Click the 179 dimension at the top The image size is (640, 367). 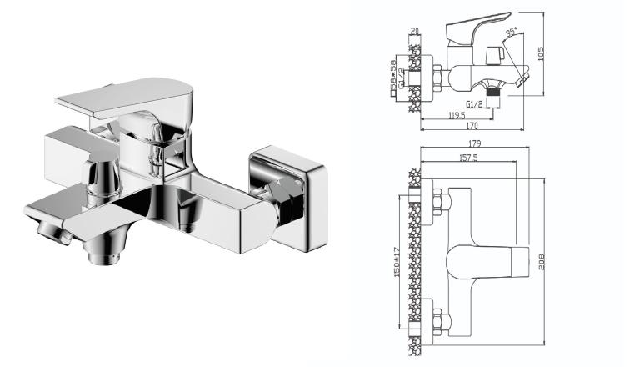[473, 143]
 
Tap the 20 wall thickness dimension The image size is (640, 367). [414, 33]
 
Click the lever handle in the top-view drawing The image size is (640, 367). [492, 260]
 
